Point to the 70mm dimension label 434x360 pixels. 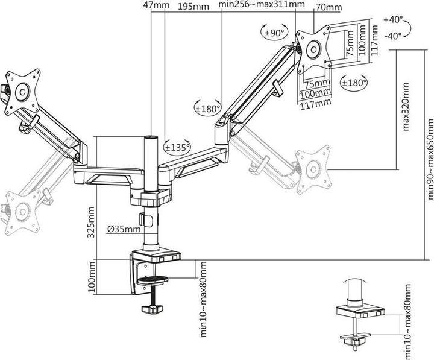pyautogui.click(x=329, y=7)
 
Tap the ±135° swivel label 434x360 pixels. pyautogui.click(x=176, y=146)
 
